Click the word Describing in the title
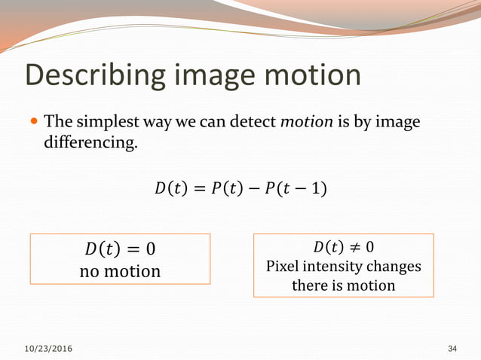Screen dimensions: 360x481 [x=93, y=75]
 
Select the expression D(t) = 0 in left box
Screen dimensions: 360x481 [x=120, y=249]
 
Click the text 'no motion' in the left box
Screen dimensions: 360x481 [x=120, y=270]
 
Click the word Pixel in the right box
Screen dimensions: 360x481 [x=283, y=266]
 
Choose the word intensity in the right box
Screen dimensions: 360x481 [x=334, y=267]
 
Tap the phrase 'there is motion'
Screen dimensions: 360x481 [x=343, y=285]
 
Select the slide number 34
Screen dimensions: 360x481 [x=452, y=349]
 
